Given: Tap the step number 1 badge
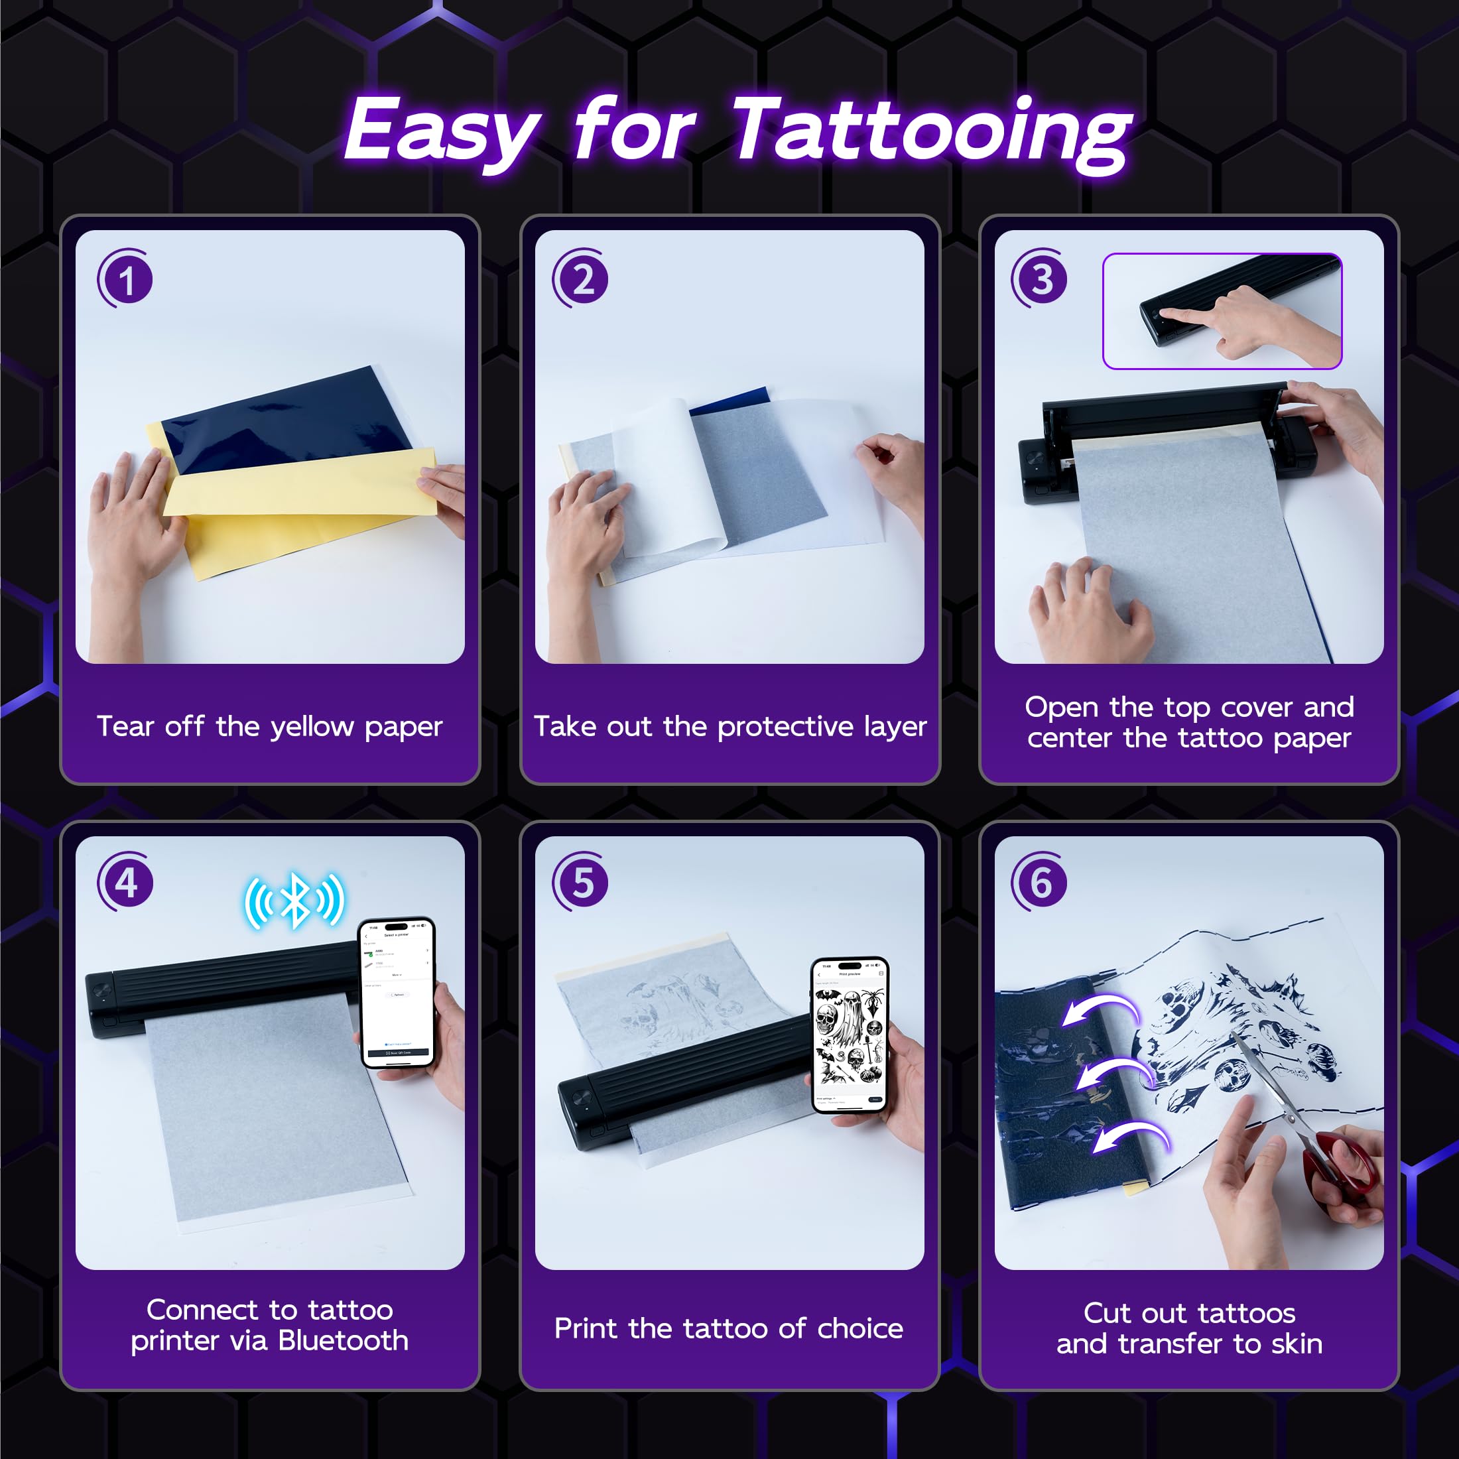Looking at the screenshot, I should click(x=126, y=279).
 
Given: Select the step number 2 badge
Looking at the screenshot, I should click(x=582, y=279).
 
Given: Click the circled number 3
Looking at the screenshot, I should click(x=1041, y=279).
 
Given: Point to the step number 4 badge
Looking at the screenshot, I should click(x=126, y=882).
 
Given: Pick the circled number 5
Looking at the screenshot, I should click(x=582, y=882).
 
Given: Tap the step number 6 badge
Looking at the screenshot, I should click(x=1041, y=882).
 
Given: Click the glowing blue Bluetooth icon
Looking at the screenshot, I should click(x=294, y=900).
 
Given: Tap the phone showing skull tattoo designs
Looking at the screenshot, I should click(x=850, y=1035).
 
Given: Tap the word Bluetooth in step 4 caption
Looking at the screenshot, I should click(x=344, y=1340).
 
